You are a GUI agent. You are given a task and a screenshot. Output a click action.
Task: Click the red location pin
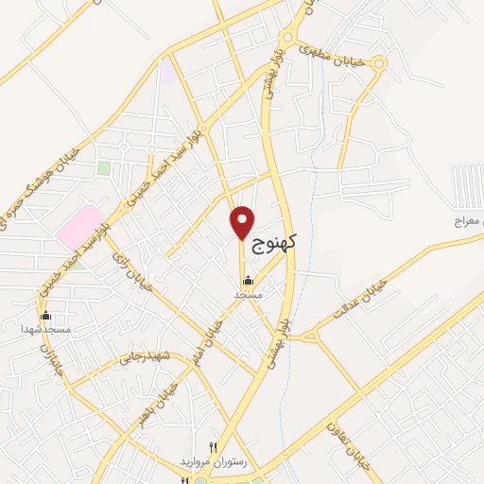[x=243, y=222]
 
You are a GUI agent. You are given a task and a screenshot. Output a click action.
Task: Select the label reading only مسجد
[x=248, y=296]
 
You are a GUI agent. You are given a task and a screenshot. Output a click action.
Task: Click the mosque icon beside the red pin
[x=248, y=281]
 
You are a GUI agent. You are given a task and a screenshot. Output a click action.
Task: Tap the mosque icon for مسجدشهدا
[x=45, y=315]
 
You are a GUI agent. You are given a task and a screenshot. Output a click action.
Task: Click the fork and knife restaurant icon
[x=214, y=446]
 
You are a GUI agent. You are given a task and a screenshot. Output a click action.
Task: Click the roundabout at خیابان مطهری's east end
[x=379, y=64]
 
